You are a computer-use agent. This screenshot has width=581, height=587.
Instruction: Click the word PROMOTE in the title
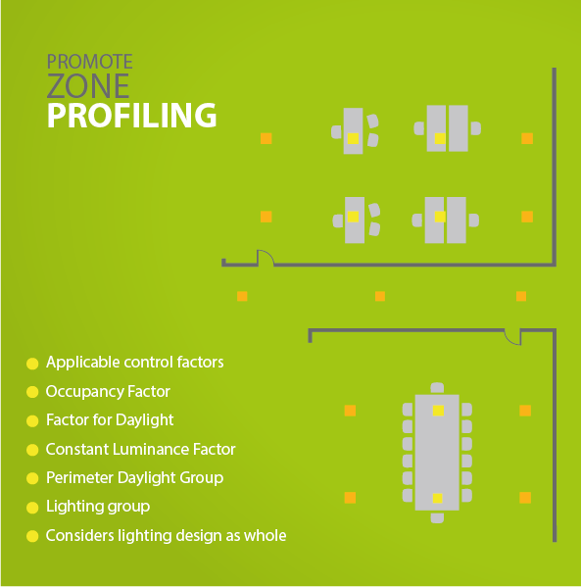coord(89,62)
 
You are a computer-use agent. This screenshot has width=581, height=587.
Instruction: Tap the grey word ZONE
coord(88,85)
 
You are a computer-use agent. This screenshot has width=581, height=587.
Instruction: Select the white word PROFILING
coord(131,116)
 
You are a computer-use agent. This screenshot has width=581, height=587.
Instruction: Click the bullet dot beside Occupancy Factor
coord(32,392)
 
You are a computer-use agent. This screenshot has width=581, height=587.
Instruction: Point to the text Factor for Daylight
coord(110,420)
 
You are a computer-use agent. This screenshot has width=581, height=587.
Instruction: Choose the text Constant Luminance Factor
coord(140,449)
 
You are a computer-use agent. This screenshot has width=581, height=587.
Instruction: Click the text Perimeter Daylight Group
coord(134,478)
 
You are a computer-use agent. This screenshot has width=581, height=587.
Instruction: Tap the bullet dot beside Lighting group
coord(32,508)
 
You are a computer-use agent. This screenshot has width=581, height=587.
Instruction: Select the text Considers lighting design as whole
coord(166,536)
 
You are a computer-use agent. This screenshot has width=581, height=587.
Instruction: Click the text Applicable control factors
coord(135,362)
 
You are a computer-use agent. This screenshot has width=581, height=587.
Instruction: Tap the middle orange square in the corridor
coord(380,297)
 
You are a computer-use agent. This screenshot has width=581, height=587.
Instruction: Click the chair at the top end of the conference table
coord(437,388)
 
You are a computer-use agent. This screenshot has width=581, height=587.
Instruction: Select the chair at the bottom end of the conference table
coord(437,517)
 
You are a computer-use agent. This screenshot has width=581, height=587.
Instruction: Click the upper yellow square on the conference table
coord(438,411)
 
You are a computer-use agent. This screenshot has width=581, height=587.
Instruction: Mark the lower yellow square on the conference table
coord(438,498)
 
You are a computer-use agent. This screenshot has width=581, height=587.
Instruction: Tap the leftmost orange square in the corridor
coord(242,297)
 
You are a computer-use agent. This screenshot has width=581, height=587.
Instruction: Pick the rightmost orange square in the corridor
coord(521,297)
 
